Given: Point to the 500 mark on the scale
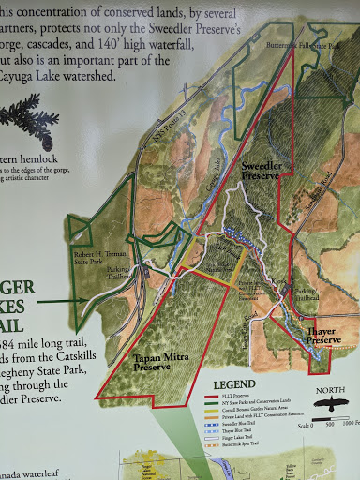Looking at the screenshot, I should point(331,424).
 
